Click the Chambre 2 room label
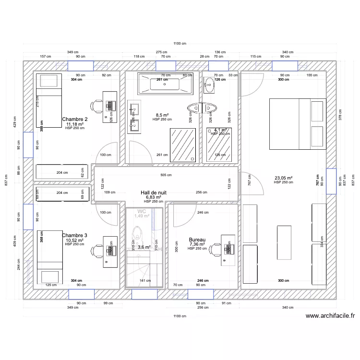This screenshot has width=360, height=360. tap(75, 119)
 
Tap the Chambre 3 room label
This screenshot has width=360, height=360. tap(75, 235)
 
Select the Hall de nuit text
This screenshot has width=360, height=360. tap(154, 192)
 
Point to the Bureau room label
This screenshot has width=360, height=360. tap(197, 240)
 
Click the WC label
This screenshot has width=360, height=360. tap(142, 211)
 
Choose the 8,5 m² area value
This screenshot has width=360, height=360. tap(162, 115)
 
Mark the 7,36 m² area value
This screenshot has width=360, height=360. tap(197, 244)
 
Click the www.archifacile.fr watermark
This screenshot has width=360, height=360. tap(330, 316)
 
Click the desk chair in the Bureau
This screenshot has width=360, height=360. tap(216, 249)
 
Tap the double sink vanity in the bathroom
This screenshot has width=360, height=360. tap(134, 118)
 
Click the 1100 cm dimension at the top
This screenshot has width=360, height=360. tap(180, 44)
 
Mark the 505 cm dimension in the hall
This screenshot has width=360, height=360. tap(166, 175)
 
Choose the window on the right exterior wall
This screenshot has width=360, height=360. tap(331, 181)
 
